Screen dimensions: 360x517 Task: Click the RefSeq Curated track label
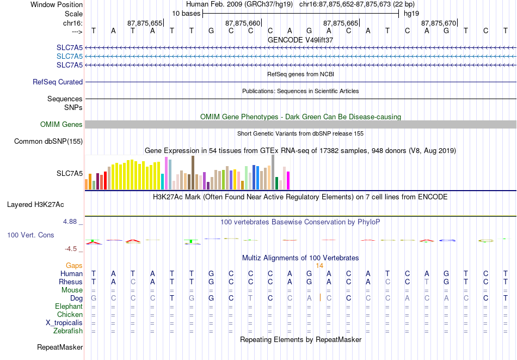pyautogui.click(x=58, y=82)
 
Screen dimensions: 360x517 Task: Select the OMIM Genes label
pyautogui.click(x=61, y=125)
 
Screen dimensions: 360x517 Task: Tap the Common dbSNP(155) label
pyautogui.click(x=48, y=142)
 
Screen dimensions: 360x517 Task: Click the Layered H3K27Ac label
pyautogui.click(x=35, y=205)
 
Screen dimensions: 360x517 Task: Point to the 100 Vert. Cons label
pyautogui.click(x=30, y=235)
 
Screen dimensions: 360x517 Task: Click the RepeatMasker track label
pyautogui.click(x=60, y=347)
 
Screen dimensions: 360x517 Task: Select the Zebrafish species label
pyautogui.click(x=68, y=331)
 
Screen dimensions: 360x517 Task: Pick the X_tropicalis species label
pyautogui.click(x=64, y=322)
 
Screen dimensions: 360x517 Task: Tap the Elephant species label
pyautogui.click(x=69, y=307)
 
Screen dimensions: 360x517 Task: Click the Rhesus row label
pyautogui.click(x=71, y=282)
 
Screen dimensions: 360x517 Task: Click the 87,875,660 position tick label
pyautogui.click(x=243, y=23)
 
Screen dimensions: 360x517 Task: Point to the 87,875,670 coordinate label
pyautogui.click(x=439, y=23)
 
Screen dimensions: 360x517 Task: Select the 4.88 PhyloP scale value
pyautogui.click(x=71, y=222)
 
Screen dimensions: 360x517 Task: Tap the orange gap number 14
pyautogui.click(x=320, y=266)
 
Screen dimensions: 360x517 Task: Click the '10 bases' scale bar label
pyautogui.click(x=186, y=13)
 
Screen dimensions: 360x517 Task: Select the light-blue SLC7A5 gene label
pyautogui.click(x=70, y=56)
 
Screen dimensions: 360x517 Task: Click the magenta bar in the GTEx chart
pyautogui.click(x=288, y=181)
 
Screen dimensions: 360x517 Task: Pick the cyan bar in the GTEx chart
pyautogui.click(x=163, y=181)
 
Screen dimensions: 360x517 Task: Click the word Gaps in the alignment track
pyautogui.click(x=75, y=265)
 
